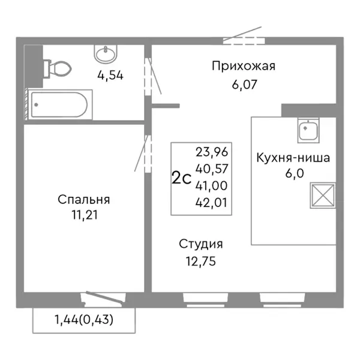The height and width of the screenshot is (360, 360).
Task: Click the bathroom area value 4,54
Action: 110,76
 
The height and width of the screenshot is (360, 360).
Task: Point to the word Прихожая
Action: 243,66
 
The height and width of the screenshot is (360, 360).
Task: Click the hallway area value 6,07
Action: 244,85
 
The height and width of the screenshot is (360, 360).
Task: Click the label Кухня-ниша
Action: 293,158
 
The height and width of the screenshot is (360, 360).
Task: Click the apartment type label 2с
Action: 181,178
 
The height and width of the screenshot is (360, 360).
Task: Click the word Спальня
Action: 84,199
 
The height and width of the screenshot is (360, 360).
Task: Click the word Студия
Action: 200,244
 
